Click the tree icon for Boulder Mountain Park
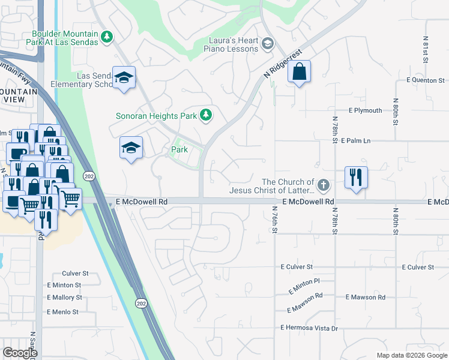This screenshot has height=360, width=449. (107, 37)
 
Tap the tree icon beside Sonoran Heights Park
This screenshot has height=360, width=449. (206, 114)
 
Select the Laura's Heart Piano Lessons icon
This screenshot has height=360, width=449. (267, 43)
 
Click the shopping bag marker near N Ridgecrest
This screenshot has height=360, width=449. (298, 73)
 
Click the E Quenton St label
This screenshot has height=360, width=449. (425, 80)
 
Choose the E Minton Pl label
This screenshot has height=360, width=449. (304, 282)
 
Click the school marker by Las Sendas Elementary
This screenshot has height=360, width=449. (124, 78)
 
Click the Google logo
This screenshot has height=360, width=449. (20, 353)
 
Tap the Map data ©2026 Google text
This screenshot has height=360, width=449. (411, 355)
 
